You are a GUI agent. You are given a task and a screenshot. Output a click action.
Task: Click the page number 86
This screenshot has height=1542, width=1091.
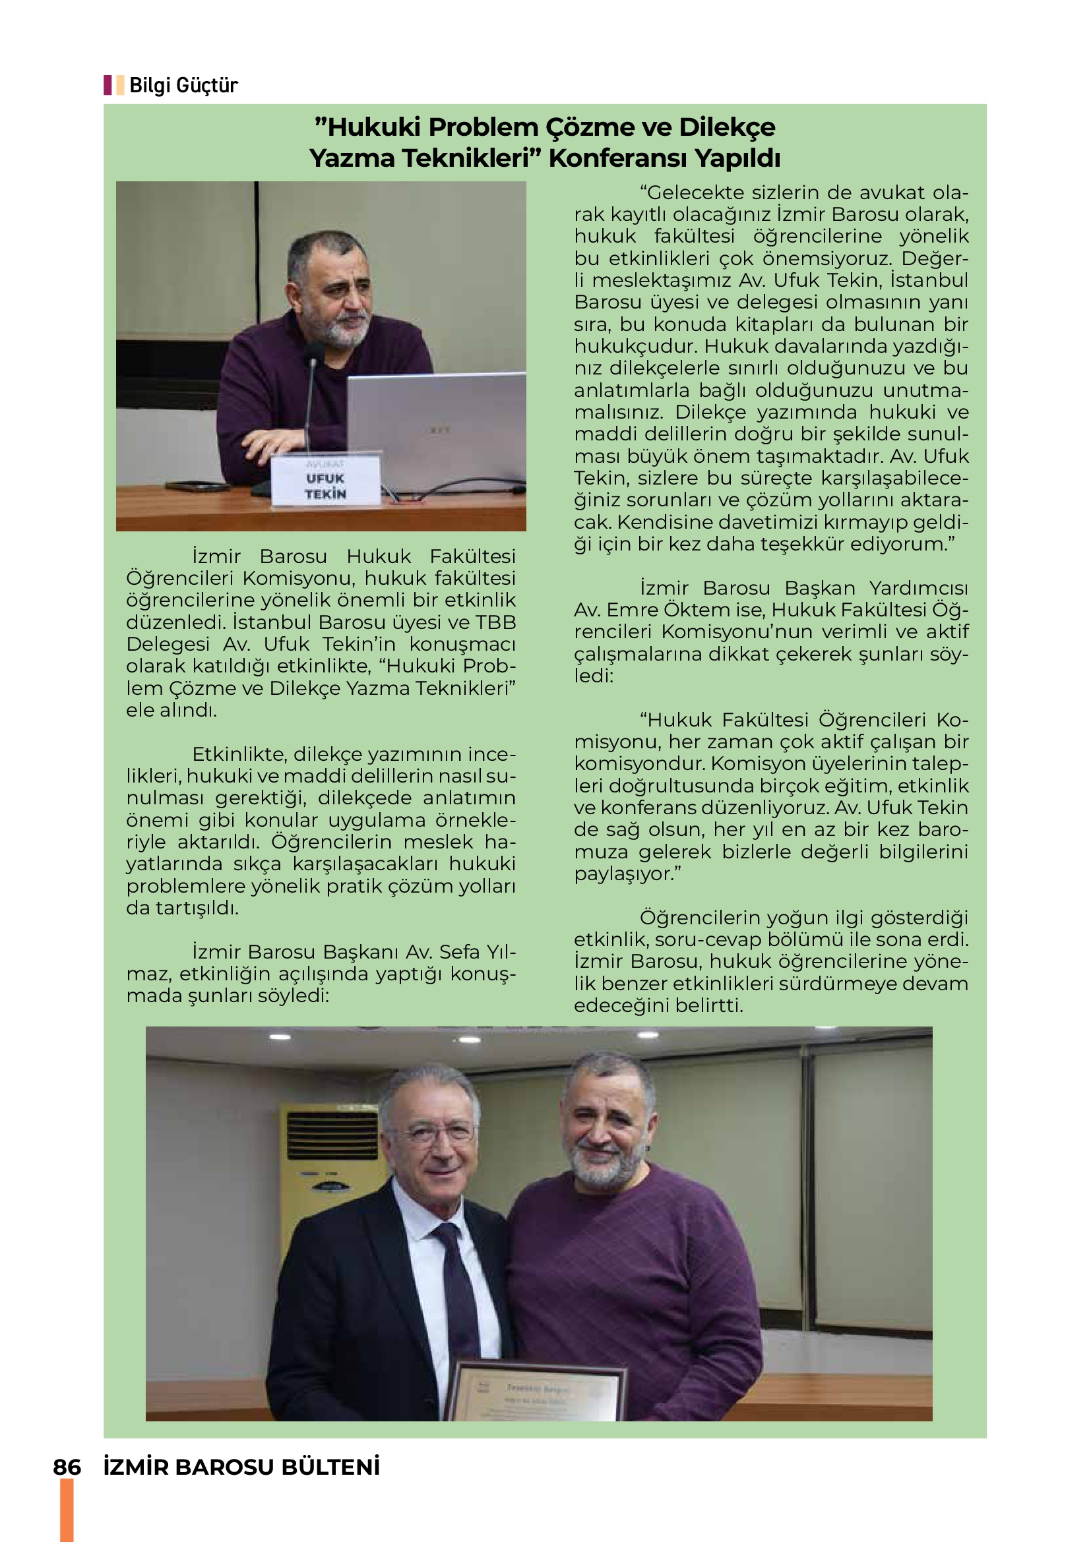(67, 1468)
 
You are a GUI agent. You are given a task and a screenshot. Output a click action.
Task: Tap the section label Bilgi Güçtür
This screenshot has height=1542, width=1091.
(183, 85)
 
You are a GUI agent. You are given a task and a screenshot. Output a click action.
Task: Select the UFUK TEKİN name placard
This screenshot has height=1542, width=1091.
(326, 481)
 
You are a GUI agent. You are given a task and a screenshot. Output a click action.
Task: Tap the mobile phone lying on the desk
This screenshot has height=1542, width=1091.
(197, 486)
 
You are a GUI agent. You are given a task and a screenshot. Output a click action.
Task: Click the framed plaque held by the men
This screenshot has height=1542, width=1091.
(538, 1393)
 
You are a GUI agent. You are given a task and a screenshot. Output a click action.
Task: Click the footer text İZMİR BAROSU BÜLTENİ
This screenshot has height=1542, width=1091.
(242, 1468)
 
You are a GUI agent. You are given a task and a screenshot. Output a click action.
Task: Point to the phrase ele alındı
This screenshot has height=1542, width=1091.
(171, 710)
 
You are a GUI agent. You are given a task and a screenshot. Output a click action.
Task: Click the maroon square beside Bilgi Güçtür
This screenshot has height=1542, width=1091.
(108, 85)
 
